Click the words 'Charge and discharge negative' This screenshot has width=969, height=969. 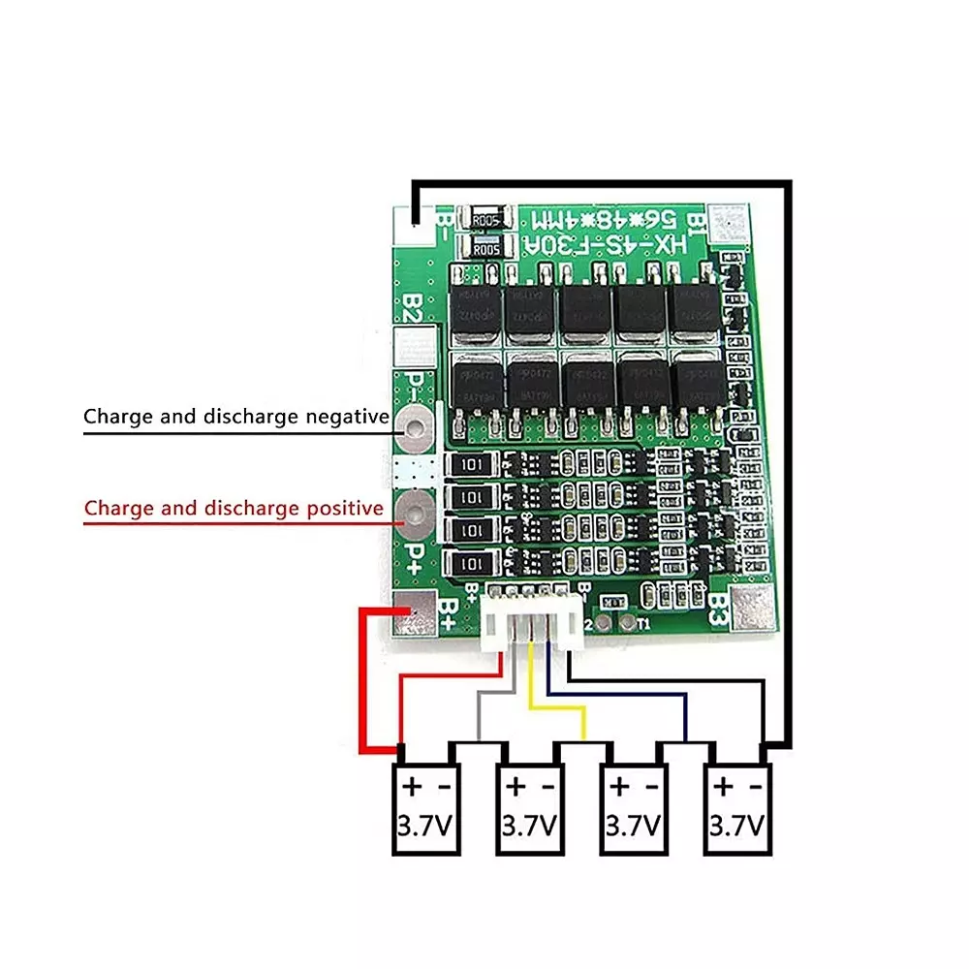(x=235, y=418)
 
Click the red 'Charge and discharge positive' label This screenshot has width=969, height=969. (x=234, y=508)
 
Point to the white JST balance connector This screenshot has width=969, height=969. (x=534, y=621)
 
